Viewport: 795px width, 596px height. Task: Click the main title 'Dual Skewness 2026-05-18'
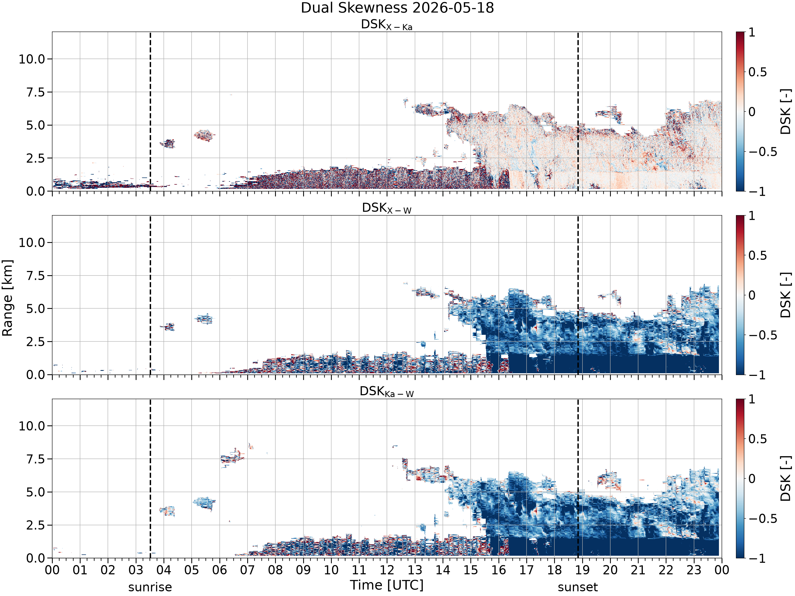[x=397, y=8]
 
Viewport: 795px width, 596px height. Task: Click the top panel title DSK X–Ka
[x=387, y=25]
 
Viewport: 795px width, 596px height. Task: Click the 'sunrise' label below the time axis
[x=150, y=587]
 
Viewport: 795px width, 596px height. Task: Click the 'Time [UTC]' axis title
[x=387, y=585]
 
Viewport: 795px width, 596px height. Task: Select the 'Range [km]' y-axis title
[x=7, y=298]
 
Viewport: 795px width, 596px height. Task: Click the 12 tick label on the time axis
[x=387, y=570]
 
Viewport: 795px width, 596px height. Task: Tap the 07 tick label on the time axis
[x=247, y=570]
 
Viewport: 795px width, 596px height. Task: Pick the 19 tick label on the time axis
[x=582, y=570]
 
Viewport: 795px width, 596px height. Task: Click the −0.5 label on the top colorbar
[x=763, y=152]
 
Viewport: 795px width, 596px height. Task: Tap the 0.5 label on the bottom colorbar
[x=758, y=439]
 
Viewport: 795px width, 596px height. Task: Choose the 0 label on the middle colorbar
[x=752, y=295]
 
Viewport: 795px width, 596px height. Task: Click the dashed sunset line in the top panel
[x=578, y=111]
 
